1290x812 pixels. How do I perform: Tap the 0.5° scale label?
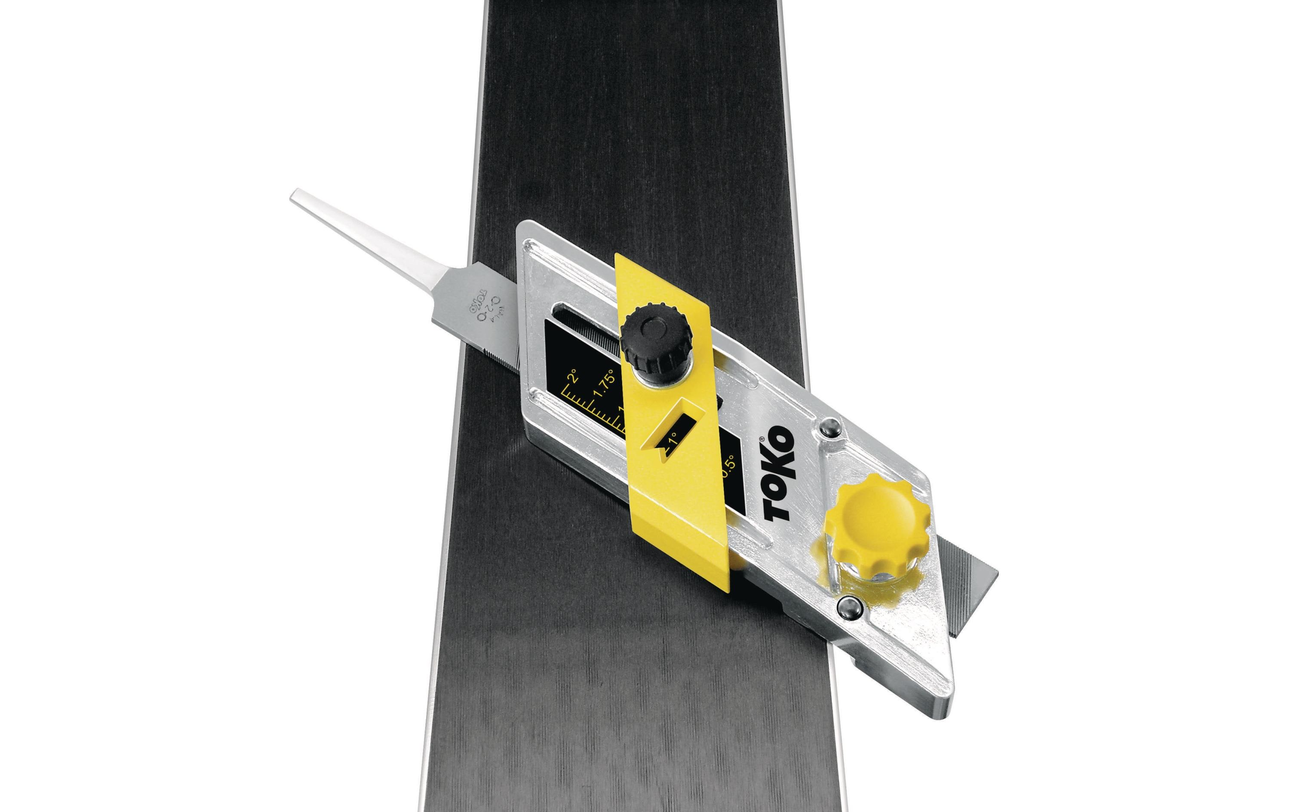[728, 468]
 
